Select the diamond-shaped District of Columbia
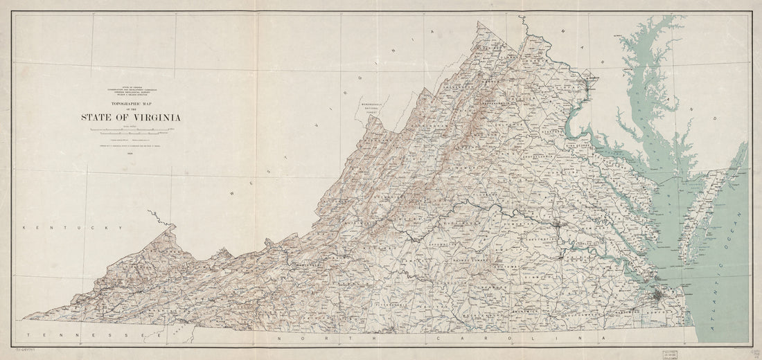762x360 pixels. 590,87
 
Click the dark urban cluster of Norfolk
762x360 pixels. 659,298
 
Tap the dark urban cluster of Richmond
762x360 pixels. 558,225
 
